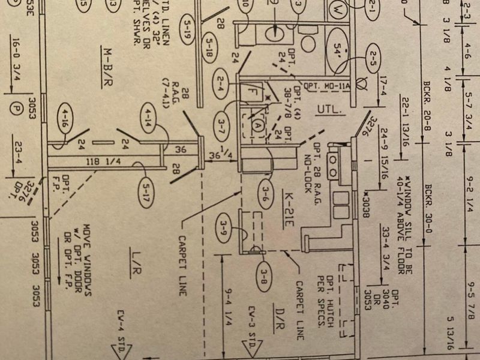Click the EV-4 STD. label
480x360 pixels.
click(x=119, y=330)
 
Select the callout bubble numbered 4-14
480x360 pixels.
click(x=148, y=117)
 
